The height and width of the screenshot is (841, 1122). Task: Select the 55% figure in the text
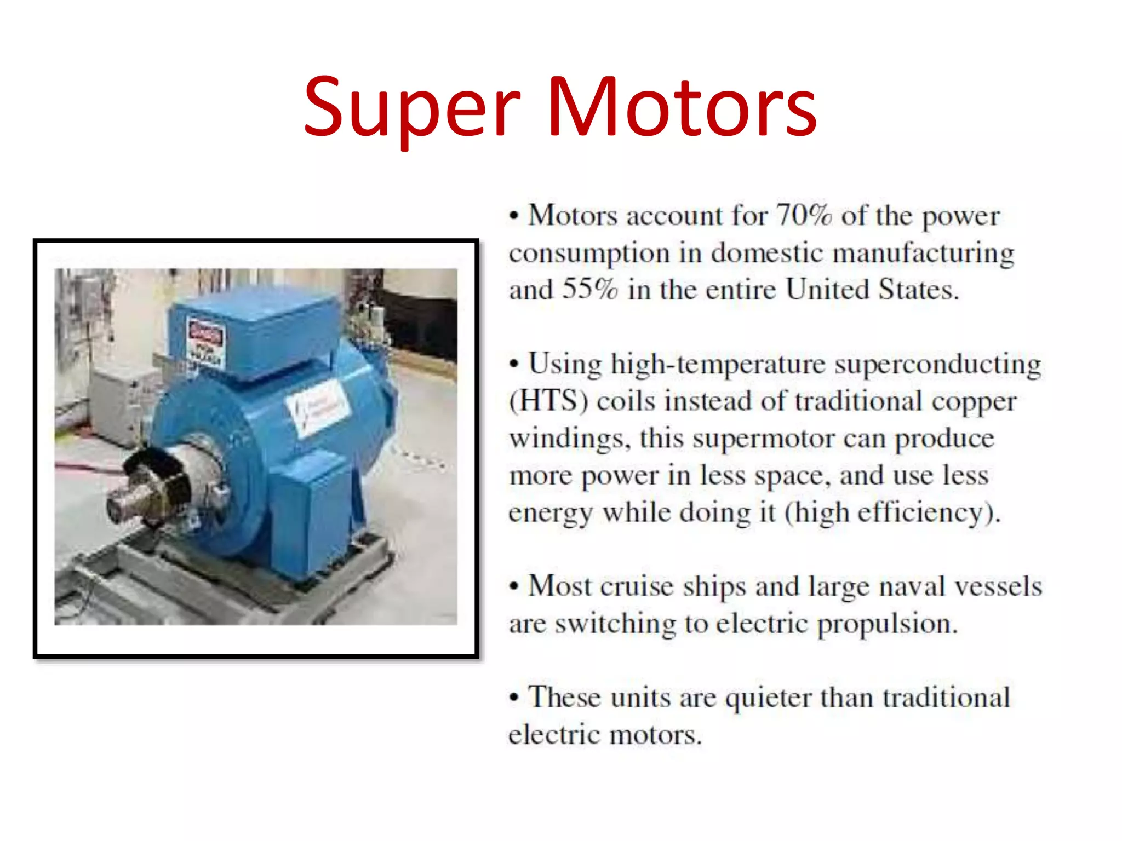[590, 289]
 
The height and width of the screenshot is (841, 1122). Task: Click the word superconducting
[938, 365]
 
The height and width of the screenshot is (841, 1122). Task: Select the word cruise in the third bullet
[637, 586]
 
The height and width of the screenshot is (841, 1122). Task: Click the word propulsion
[887, 624]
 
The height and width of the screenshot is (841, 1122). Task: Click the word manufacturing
[923, 254]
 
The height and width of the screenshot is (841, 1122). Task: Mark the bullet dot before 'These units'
[513, 698]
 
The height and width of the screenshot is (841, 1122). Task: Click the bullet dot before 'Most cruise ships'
[513, 586]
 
